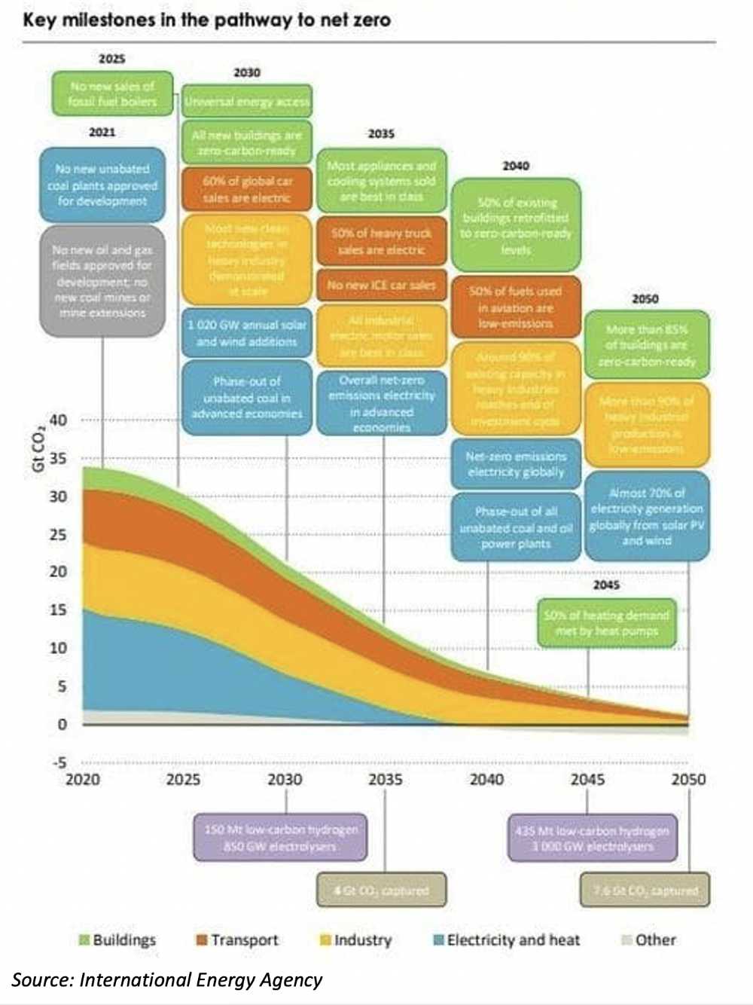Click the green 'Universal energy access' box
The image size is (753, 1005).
coord(247,101)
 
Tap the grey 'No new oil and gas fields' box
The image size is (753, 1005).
coord(102,280)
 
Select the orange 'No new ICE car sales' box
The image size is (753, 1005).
coord(381,286)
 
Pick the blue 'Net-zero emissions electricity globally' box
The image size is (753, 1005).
coord(516,464)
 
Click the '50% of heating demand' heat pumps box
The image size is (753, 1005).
coord(606,623)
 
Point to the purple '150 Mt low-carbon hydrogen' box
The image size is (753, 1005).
coord(281,837)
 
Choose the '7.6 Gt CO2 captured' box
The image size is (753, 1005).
coord(645,890)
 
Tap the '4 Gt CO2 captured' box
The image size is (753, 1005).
coord(381,890)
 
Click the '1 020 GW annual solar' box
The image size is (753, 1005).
coord(247,333)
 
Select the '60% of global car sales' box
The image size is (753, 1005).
coord(247,189)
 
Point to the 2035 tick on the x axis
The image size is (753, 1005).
coord(385,779)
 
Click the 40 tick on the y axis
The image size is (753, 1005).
coord(58,420)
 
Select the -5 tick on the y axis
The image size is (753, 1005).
coord(58,762)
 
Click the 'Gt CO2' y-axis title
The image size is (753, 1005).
coord(38,451)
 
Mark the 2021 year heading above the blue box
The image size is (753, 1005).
coord(102,132)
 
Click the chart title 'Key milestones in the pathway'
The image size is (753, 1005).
coord(206,20)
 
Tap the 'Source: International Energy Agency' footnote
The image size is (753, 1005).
coord(167,979)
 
